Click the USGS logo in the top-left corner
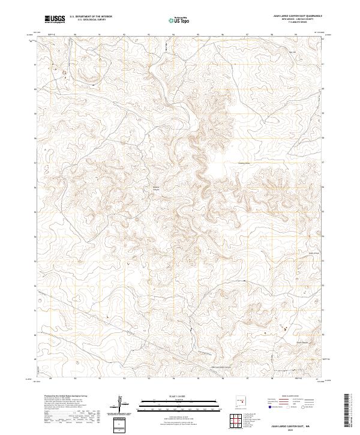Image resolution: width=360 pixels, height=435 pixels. coord(55,20)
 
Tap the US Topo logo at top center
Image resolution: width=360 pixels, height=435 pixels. coord(179,20)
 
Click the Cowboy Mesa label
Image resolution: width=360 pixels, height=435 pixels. coord(244,163)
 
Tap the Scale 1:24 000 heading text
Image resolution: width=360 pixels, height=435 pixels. coord(179,394)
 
